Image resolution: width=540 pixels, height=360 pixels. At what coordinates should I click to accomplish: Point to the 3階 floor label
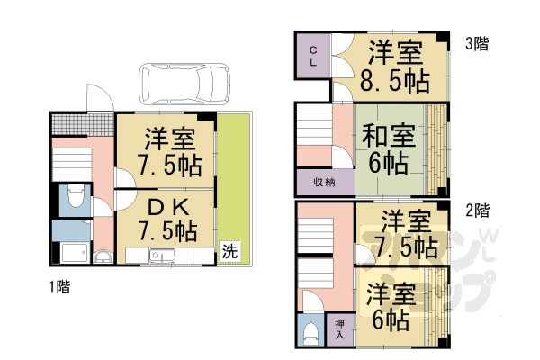click(477, 43)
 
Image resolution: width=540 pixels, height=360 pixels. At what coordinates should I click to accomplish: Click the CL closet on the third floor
click(312, 58)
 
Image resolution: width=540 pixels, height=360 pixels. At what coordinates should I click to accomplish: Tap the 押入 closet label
click(339, 328)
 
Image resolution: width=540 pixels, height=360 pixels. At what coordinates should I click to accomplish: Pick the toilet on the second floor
click(311, 331)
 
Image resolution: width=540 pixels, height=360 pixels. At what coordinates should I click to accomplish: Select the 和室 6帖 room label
click(389, 149)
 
